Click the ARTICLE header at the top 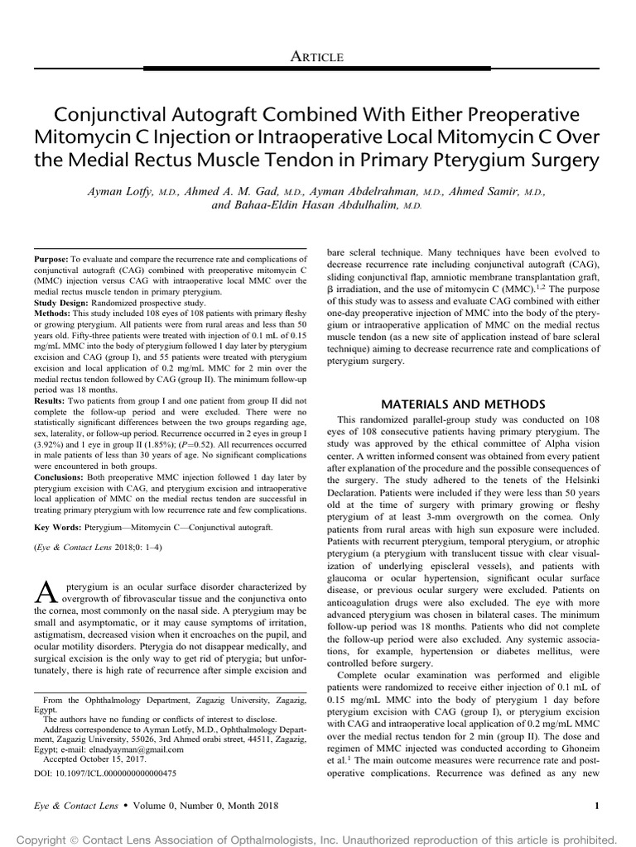coord(317,55)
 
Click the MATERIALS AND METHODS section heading coord(463,404)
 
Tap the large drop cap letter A coord(46,590)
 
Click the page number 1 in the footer coord(598,806)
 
